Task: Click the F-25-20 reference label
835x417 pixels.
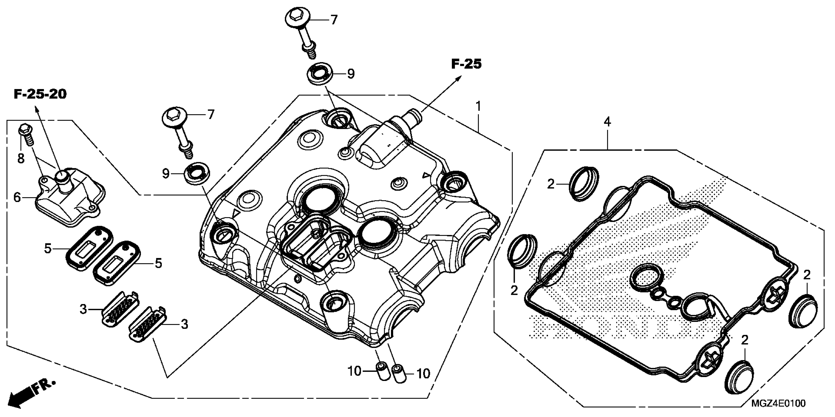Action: point(40,94)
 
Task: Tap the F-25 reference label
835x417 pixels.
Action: point(466,64)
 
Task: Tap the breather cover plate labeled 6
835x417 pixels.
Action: point(70,197)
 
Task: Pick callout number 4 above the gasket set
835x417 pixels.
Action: point(607,122)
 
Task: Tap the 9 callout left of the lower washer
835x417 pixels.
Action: point(166,174)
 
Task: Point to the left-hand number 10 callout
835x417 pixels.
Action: point(354,371)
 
